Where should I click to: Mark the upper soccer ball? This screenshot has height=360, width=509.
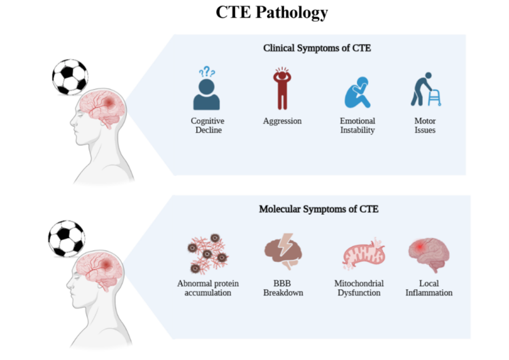(69, 76)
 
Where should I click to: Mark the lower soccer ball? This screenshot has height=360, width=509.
(66, 238)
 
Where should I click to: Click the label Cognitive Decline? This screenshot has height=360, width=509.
(208, 126)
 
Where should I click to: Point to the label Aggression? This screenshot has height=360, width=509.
(282, 121)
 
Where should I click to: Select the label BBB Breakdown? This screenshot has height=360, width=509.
(283, 288)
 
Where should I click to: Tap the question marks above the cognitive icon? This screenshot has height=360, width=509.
(207, 73)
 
